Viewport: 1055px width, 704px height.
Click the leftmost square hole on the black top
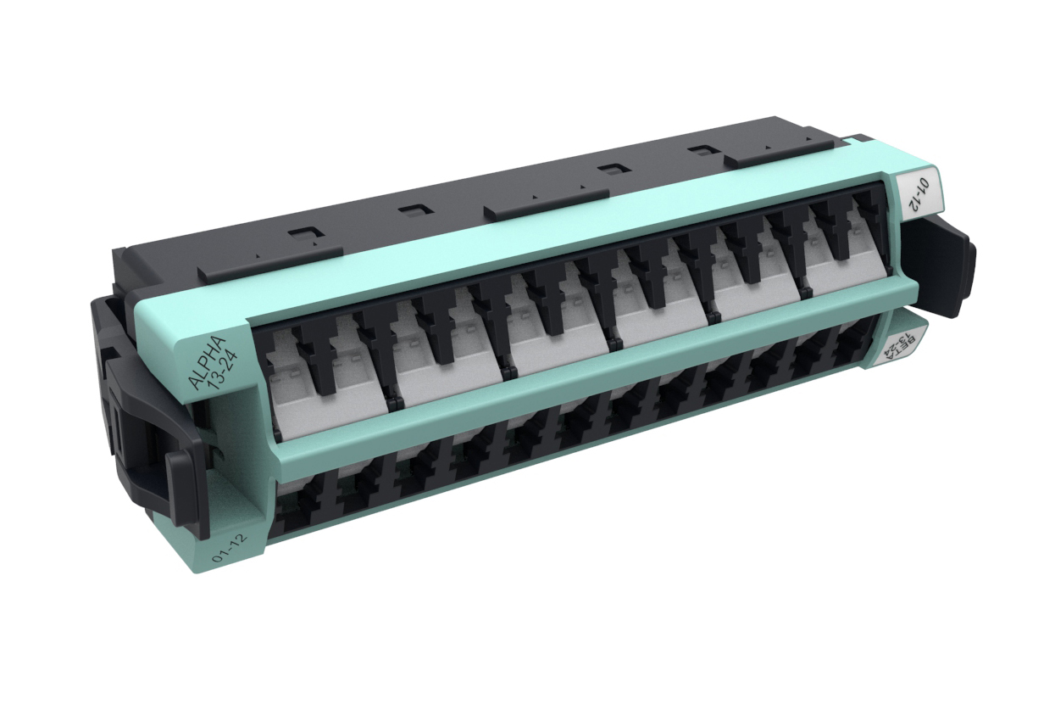click(297, 234)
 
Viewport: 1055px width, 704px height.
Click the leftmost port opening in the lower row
click(294, 506)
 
